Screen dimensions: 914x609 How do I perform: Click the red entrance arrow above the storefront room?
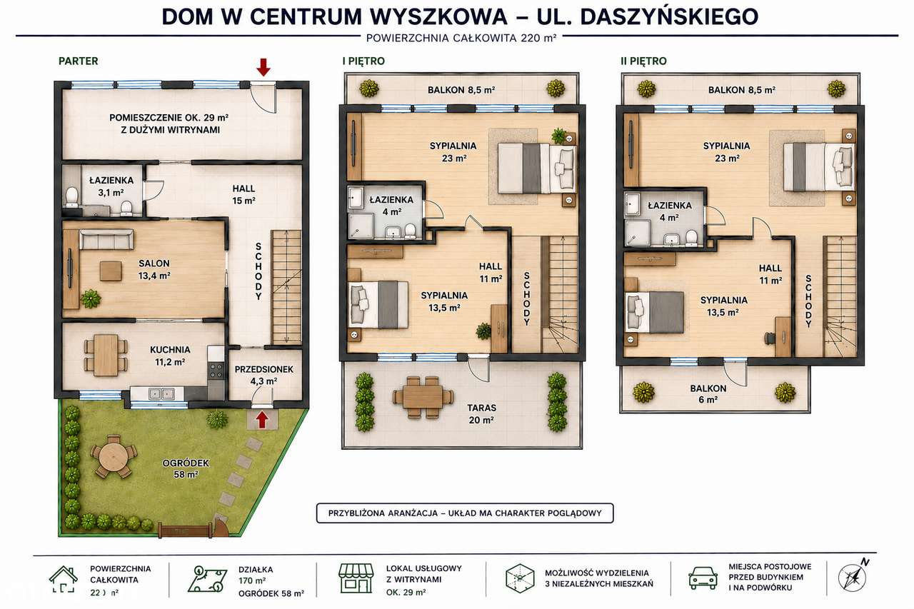(x=263, y=67)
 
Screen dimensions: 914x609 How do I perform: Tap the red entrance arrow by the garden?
(x=261, y=420)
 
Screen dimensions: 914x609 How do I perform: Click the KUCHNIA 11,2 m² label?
(x=170, y=356)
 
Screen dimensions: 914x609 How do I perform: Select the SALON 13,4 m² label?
(x=154, y=269)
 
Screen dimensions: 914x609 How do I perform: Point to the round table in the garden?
(x=114, y=456)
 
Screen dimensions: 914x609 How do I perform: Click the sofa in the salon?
(x=106, y=239)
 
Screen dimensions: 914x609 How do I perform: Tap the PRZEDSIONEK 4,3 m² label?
(x=264, y=375)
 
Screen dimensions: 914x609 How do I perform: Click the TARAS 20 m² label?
(x=481, y=413)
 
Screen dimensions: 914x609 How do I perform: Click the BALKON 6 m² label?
(x=708, y=393)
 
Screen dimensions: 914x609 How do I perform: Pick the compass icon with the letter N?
(x=853, y=576)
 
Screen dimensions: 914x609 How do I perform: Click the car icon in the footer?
(x=703, y=578)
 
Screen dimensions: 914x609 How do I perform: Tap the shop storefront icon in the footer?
(x=356, y=578)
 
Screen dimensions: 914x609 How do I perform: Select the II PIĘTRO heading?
(x=643, y=61)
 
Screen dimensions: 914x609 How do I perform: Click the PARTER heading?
(x=79, y=61)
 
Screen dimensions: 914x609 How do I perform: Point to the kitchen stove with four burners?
(x=216, y=371)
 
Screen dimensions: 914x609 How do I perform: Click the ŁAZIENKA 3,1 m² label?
(x=111, y=186)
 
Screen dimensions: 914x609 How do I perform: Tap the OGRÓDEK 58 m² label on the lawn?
(x=186, y=468)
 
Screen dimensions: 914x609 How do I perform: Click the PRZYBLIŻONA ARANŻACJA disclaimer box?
(x=465, y=513)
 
